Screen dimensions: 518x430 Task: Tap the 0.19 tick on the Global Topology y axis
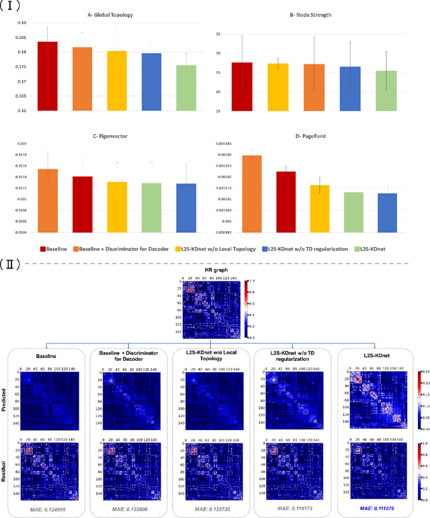23,23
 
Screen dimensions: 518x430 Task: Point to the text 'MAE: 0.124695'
47,509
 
